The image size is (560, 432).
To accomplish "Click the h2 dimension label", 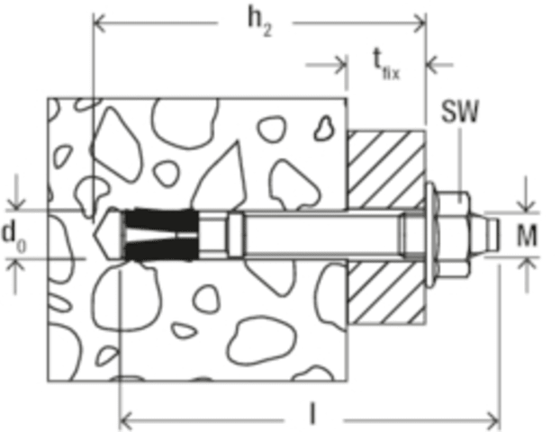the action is pos(259,22).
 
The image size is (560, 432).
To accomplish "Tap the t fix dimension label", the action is pos(385,64).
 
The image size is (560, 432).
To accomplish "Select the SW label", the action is pos(459,111).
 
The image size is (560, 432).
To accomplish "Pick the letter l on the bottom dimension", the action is pos(312,414).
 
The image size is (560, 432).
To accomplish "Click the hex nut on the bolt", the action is pos(454,235).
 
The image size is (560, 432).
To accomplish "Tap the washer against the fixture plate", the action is pos(431,235).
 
